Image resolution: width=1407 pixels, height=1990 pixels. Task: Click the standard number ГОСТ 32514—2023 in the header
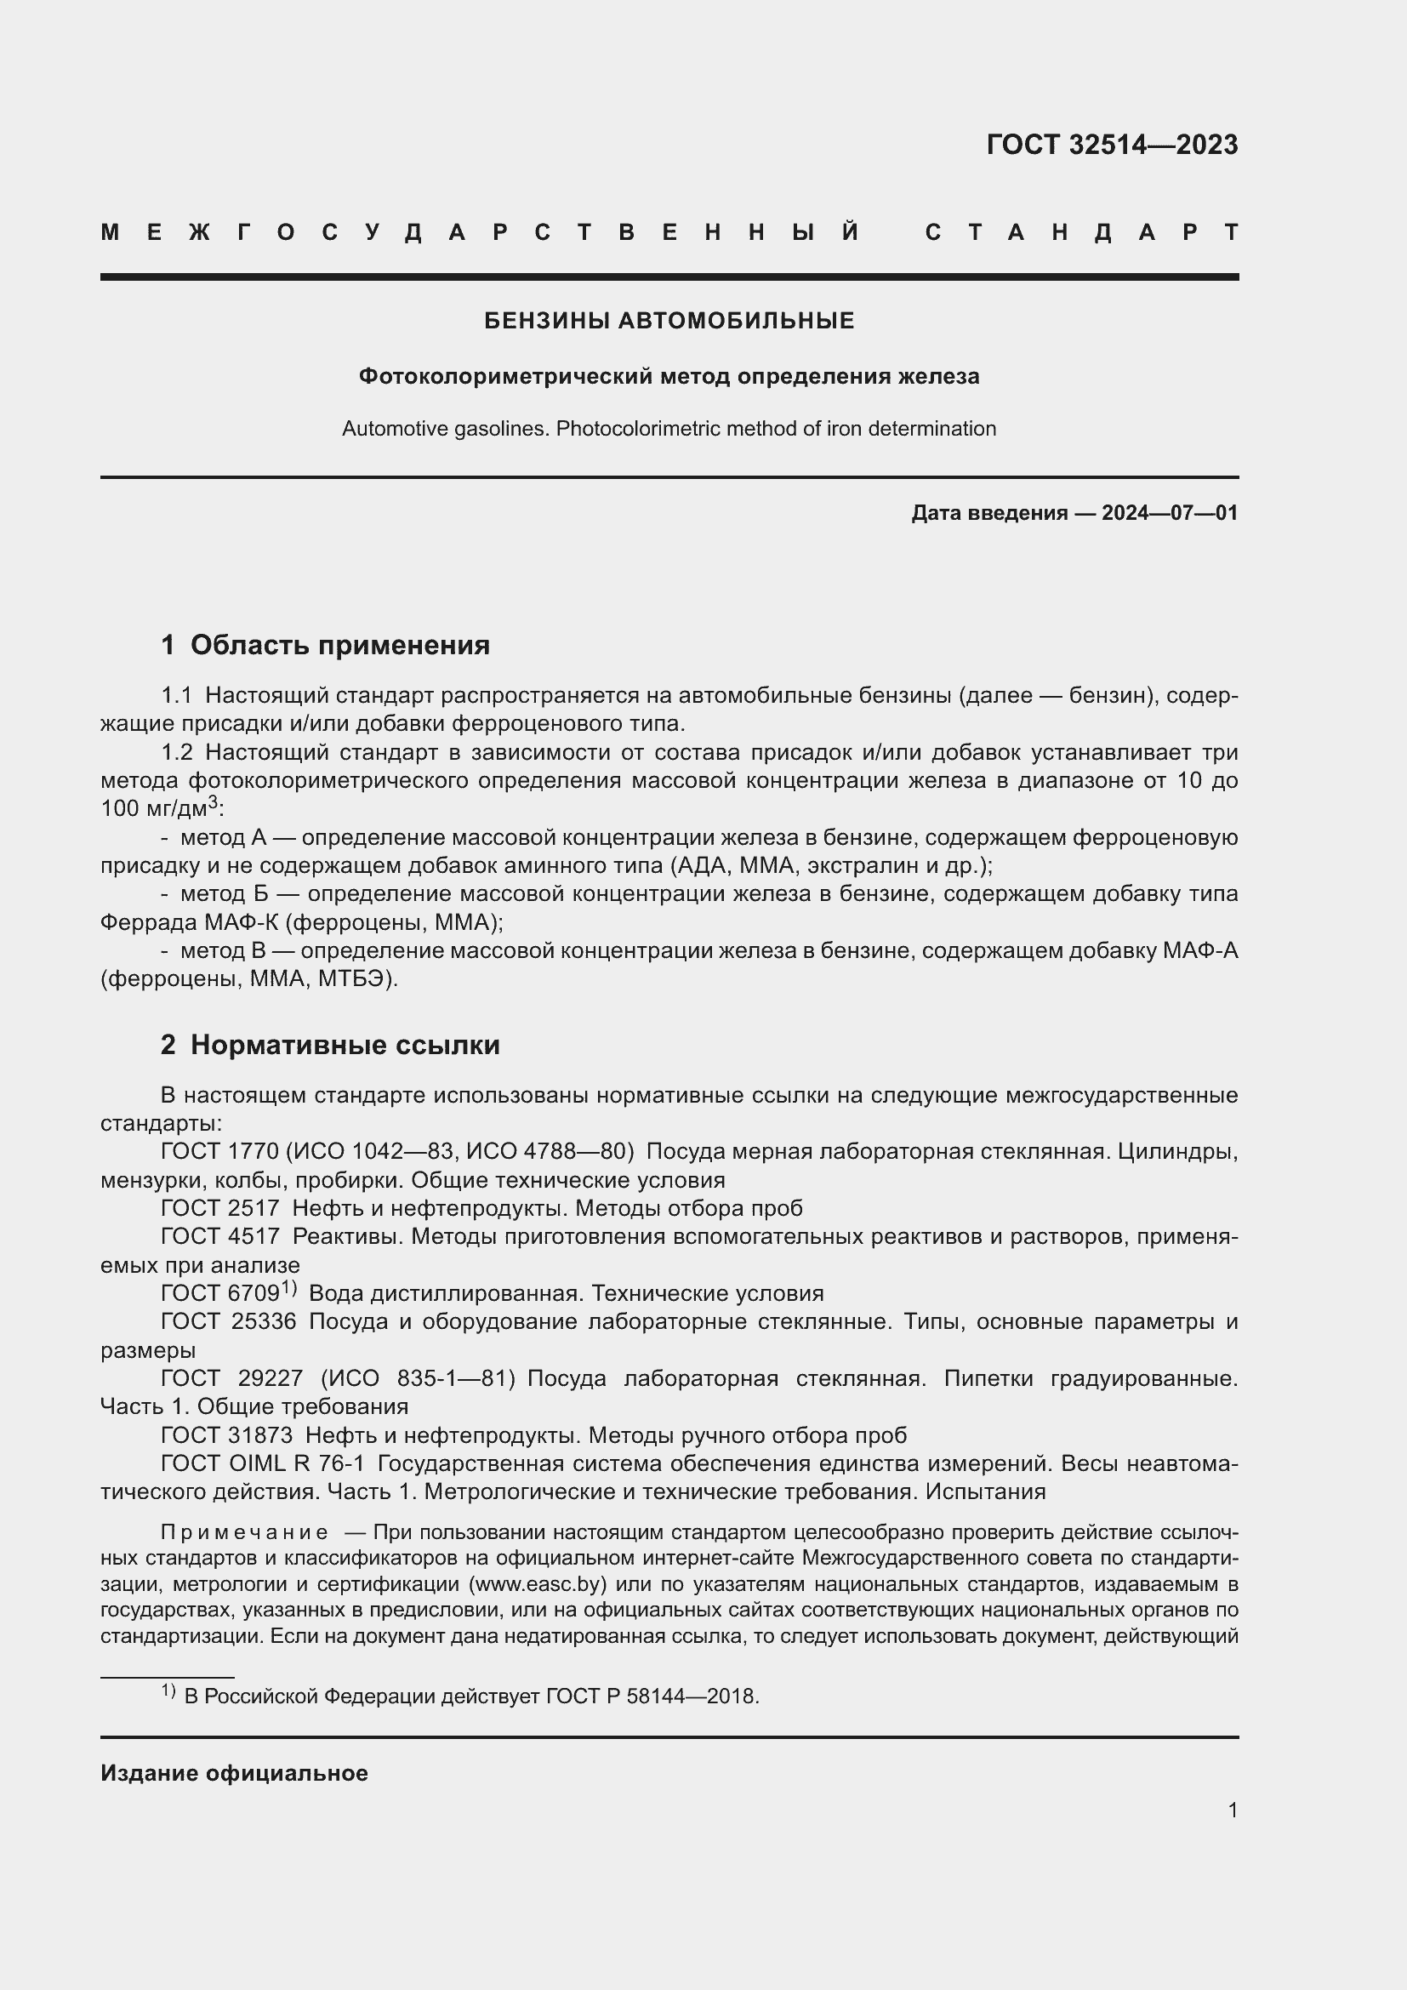(1112, 145)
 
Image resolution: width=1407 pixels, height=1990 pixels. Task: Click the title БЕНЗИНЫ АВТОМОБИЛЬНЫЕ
(669, 321)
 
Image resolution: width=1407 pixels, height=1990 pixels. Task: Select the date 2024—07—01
(1169, 513)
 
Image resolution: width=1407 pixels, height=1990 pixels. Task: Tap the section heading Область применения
(339, 645)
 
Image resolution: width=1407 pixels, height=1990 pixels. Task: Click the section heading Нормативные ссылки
(345, 1045)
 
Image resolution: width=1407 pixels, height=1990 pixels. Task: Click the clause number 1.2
(177, 752)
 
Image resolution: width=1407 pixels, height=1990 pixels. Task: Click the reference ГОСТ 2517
(220, 1208)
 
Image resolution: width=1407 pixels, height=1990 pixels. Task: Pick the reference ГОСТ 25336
(229, 1322)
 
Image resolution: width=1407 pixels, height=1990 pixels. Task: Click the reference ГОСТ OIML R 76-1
(263, 1464)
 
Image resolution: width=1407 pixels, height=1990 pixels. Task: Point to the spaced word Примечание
(244, 1532)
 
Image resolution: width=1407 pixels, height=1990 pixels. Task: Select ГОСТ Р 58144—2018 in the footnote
(652, 1696)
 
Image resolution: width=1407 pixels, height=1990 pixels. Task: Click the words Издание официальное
(234, 1773)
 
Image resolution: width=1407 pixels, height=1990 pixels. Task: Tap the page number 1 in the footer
(1232, 1810)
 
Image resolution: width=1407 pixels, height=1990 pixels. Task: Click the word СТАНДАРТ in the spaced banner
(1081, 232)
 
